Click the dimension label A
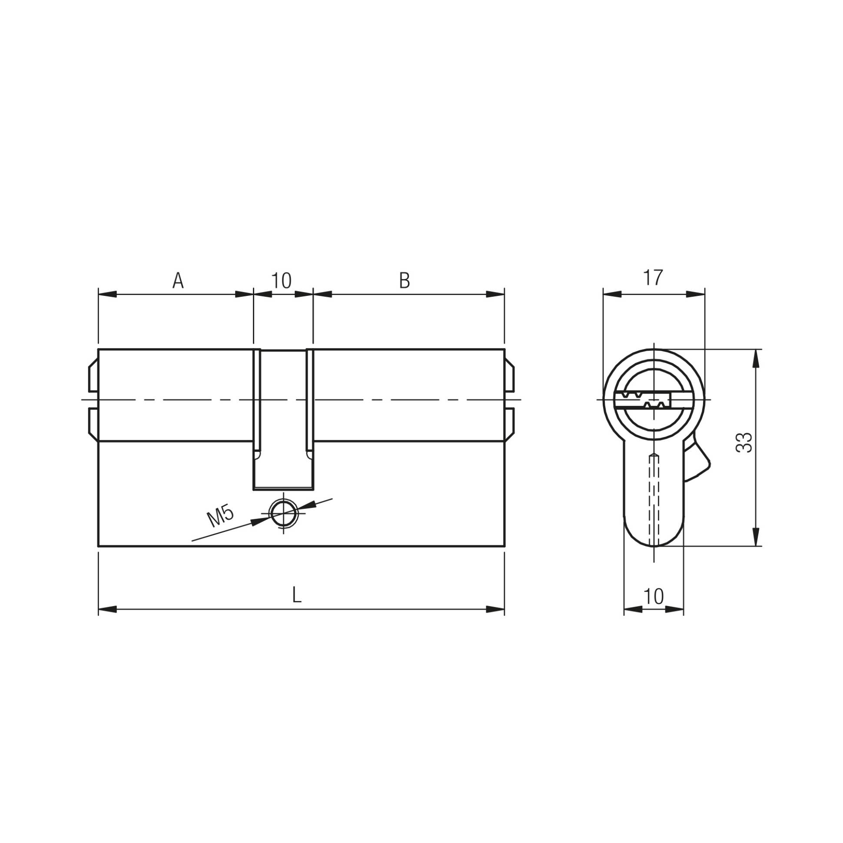click(178, 281)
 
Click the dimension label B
click(405, 281)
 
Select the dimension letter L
click(297, 595)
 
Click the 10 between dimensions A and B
click(282, 281)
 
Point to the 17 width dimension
click(653, 278)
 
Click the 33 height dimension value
click(744, 443)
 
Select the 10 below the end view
click(653, 596)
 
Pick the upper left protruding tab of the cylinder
click(93, 376)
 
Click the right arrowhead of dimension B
click(495, 295)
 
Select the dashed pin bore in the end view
click(654, 498)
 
